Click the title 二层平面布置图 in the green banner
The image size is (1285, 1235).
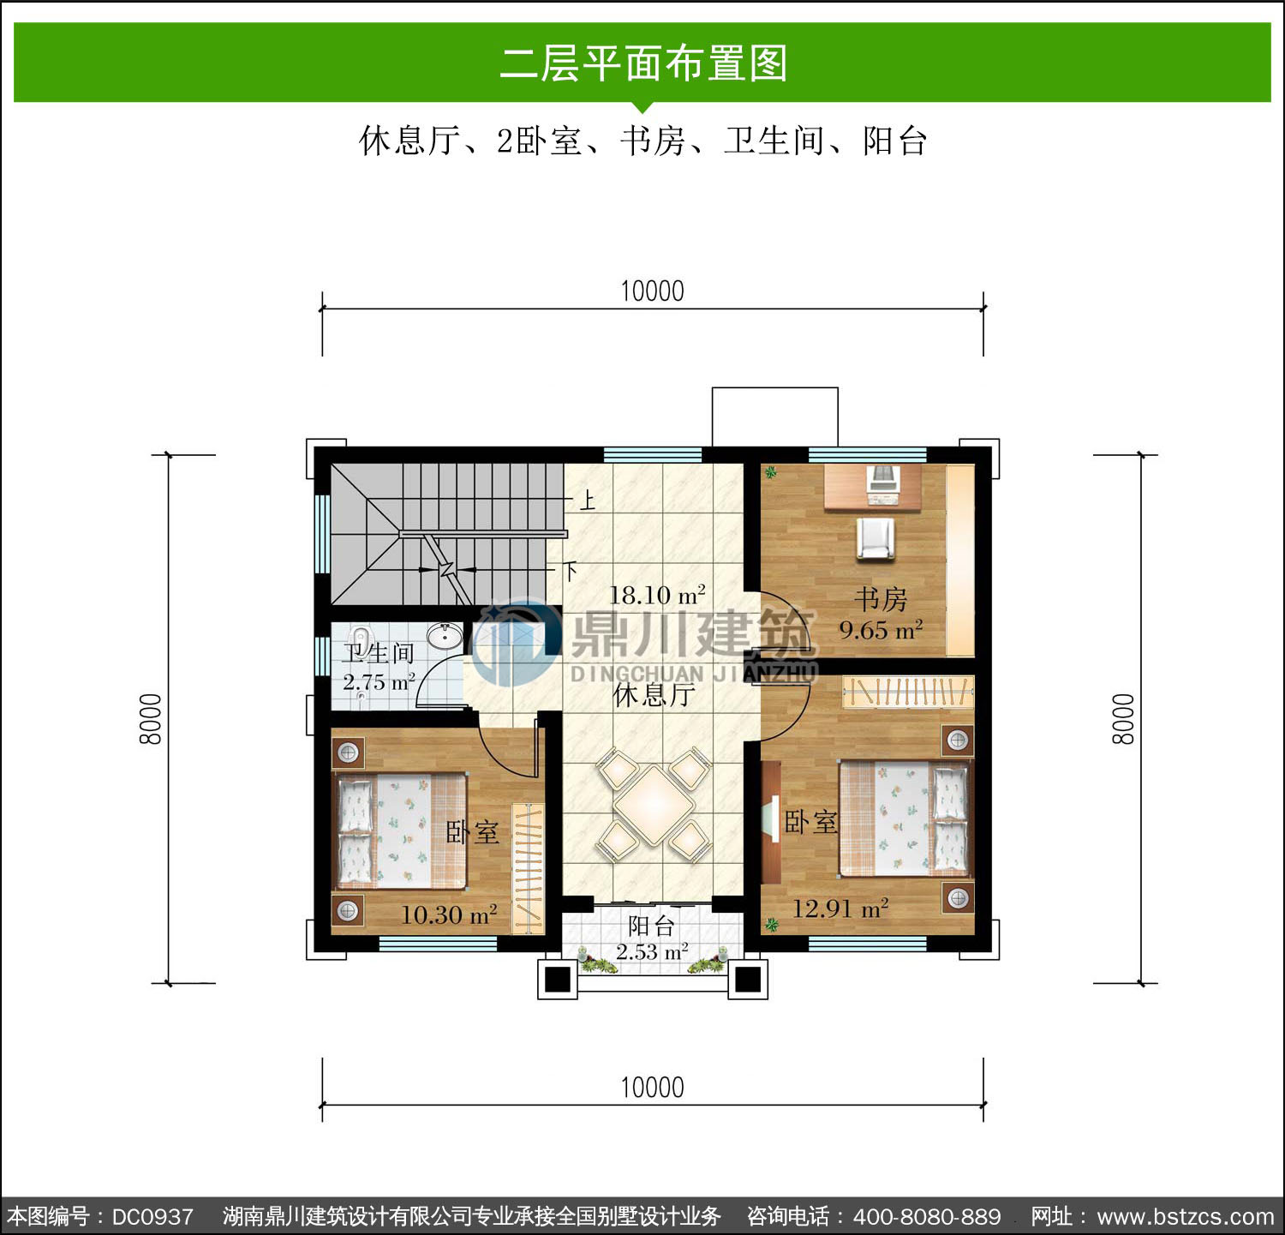(x=643, y=63)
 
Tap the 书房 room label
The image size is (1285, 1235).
(x=881, y=598)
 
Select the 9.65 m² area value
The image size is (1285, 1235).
(x=881, y=630)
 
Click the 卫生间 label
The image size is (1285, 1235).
(x=379, y=653)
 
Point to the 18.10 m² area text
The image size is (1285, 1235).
(x=657, y=594)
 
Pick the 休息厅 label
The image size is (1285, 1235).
(x=654, y=694)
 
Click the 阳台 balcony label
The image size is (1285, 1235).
(x=651, y=926)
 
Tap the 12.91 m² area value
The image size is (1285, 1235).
(x=840, y=908)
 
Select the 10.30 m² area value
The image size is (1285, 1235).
(x=449, y=915)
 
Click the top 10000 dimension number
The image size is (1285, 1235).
(x=652, y=291)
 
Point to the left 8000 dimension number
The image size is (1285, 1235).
(x=151, y=718)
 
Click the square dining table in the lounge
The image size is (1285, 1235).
(x=654, y=806)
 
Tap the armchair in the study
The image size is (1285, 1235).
(x=875, y=539)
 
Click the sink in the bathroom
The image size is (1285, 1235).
(x=445, y=637)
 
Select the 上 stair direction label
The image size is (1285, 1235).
(x=587, y=500)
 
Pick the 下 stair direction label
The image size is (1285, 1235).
(x=570, y=571)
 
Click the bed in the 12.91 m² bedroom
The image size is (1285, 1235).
(x=905, y=818)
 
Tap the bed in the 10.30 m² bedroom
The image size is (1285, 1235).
(x=400, y=830)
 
